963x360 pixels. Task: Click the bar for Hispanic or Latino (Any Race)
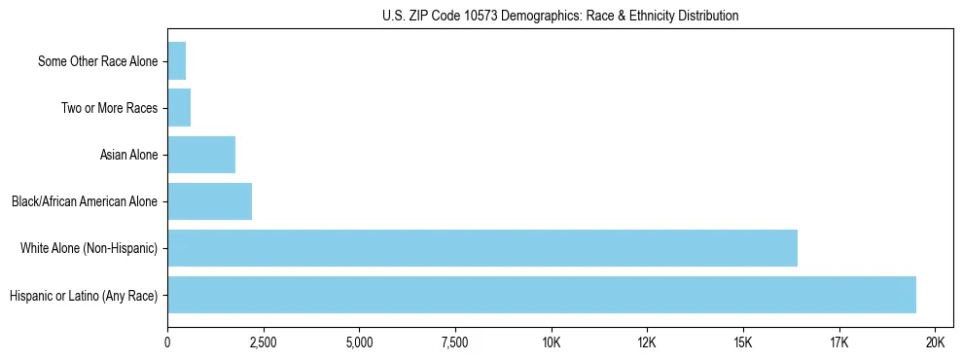pos(542,295)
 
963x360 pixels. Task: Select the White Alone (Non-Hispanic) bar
pos(482,248)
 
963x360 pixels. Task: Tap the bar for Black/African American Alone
pos(209,201)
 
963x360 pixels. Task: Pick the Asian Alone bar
pos(201,155)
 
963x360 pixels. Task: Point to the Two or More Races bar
pos(179,108)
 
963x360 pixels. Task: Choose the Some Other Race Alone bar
pos(176,61)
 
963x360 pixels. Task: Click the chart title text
pos(560,16)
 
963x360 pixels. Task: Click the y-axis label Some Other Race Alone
pos(97,61)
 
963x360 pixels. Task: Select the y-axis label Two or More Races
pos(109,108)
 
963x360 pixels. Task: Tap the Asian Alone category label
pos(128,155)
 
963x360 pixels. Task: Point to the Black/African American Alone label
pos(85,201)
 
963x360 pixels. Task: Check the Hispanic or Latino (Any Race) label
pos(84,295)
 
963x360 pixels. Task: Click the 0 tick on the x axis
pos(167,342)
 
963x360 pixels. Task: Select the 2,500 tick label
pos(264,342)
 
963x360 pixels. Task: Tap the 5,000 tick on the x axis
pos(359,342)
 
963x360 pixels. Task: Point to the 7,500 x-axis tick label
pos(455,342)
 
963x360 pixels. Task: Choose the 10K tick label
pos(552,342)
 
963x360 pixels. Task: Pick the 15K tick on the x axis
pos(743,342)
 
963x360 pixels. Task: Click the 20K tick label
pos(935,342)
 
